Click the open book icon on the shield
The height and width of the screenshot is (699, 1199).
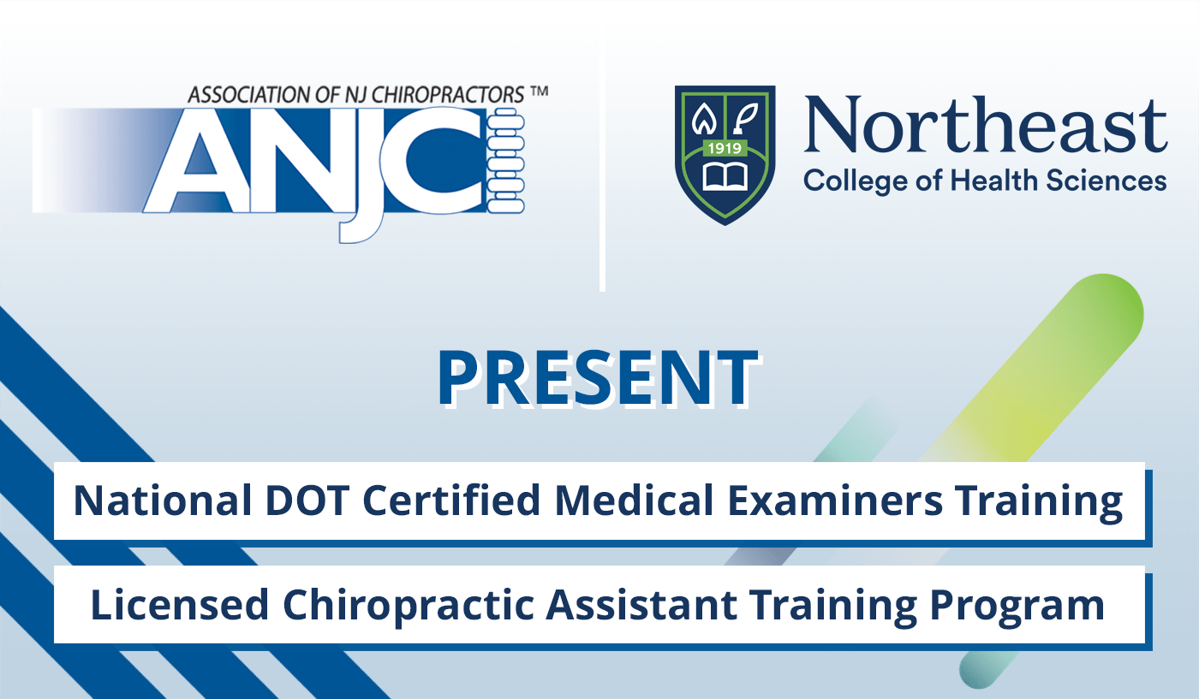[725, 175]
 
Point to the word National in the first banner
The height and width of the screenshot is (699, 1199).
[141, 501]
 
